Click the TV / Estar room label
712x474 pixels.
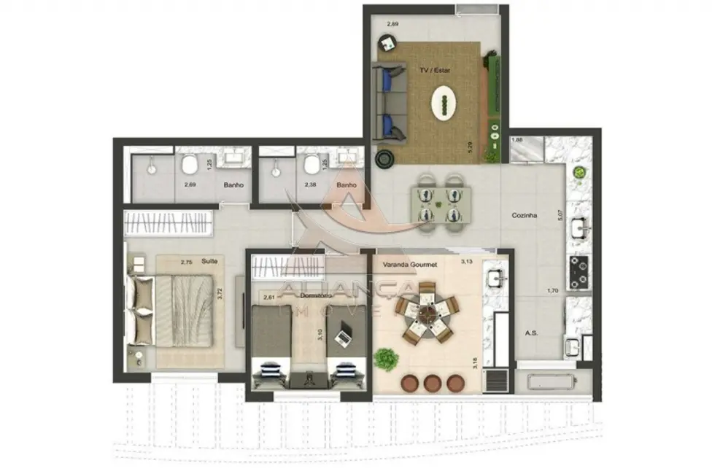435,71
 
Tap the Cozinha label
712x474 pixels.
525,216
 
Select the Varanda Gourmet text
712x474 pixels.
404,265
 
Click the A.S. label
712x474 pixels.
531,333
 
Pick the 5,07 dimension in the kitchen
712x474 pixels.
560,215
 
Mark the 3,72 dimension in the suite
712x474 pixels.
219,295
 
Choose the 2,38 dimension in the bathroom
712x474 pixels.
311,185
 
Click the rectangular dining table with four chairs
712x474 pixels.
440,204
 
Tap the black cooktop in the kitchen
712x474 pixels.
579,272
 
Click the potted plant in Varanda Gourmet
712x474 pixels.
384,358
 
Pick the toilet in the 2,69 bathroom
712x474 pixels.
190,165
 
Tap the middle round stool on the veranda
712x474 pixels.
433,383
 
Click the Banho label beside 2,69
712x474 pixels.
233,185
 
